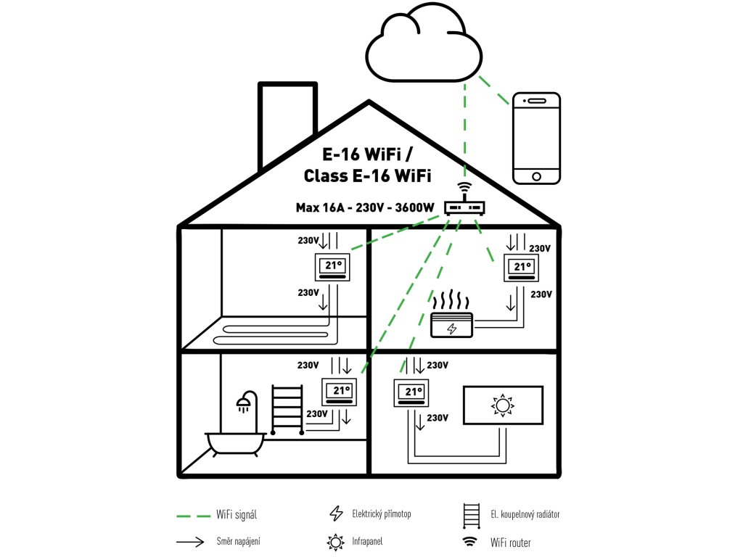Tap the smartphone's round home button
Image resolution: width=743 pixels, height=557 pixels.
point(536,176)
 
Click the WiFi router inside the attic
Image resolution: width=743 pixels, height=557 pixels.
point(464,207)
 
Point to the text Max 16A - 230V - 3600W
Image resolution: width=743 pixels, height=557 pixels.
point(365,208)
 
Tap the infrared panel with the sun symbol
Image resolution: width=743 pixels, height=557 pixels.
point(502,405)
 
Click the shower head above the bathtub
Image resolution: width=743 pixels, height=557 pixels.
point(246,401)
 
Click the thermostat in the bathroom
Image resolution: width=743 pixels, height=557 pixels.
point(340,392)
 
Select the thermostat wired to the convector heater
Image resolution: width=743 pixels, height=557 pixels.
point(523,270)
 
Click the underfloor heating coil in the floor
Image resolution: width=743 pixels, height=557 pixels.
point(276,334)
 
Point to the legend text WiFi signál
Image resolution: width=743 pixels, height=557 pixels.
point(237,515)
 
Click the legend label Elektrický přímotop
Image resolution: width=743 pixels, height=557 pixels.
point(381,514)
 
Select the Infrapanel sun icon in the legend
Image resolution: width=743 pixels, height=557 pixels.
point(335,542)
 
